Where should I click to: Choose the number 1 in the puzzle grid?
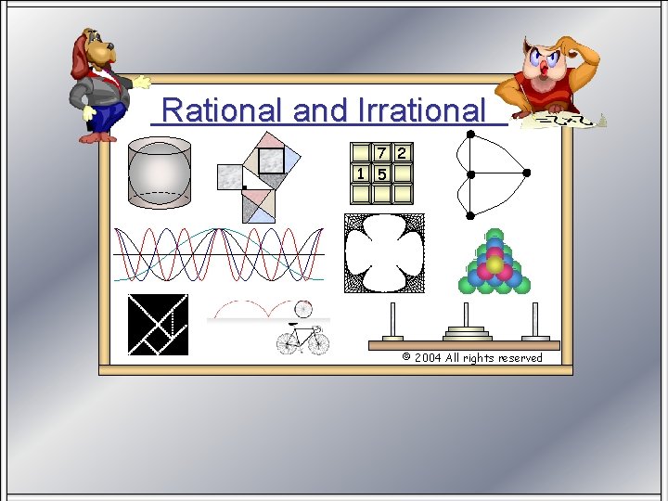click(360, 173)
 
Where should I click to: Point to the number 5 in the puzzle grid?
click(381, 173)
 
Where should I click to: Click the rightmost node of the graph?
click(526, 173)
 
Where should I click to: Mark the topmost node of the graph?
click(470, 135)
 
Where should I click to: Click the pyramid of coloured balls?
click(495, 263)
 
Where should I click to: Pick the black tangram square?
click(158, 325)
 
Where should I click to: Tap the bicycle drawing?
click(302, 338)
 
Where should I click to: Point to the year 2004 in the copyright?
click(428, 358)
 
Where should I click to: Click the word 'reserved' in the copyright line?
click(520, 358)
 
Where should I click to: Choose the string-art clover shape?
click(384, 253)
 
